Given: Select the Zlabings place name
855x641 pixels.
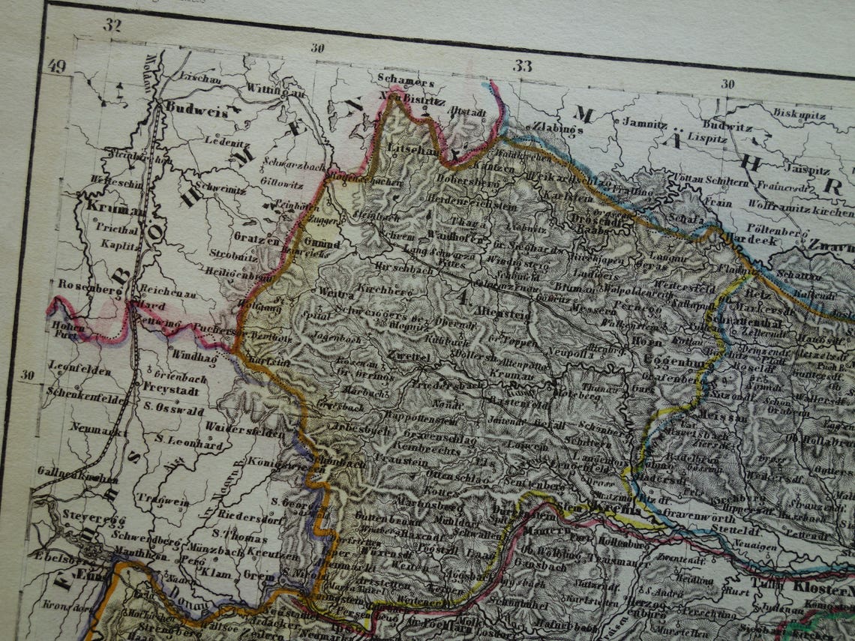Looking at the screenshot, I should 557,129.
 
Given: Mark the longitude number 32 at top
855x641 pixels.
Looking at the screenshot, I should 112,25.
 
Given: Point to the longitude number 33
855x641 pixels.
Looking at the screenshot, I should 523,66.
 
